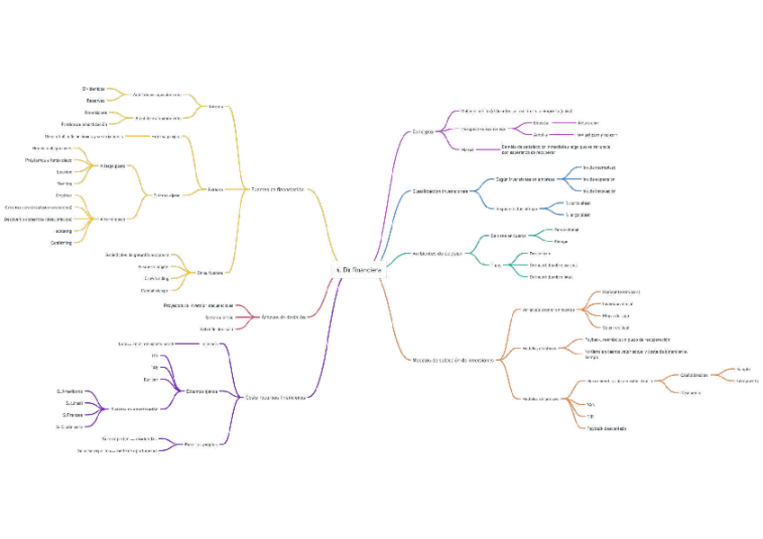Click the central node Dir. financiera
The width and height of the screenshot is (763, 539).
click(357, 269)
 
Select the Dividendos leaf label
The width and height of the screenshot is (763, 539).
click(94, 88)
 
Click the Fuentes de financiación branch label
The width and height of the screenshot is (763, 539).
click(277, 189)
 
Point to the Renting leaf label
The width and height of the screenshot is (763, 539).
click(64, 183)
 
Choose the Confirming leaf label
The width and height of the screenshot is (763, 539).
click(61, 242)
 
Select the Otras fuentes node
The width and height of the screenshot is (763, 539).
click(211, 272)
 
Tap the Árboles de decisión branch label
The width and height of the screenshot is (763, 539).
click(284, 317)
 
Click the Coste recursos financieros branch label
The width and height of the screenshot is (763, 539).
click(275, 396)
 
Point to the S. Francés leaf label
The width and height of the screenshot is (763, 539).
click(73, 415)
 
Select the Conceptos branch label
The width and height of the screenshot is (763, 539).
click(424, 131)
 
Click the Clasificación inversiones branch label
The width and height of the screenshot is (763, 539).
click(440, 192)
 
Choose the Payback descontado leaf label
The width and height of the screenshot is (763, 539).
click(606, 428)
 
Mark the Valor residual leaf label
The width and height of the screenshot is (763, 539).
click(615, 328)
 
